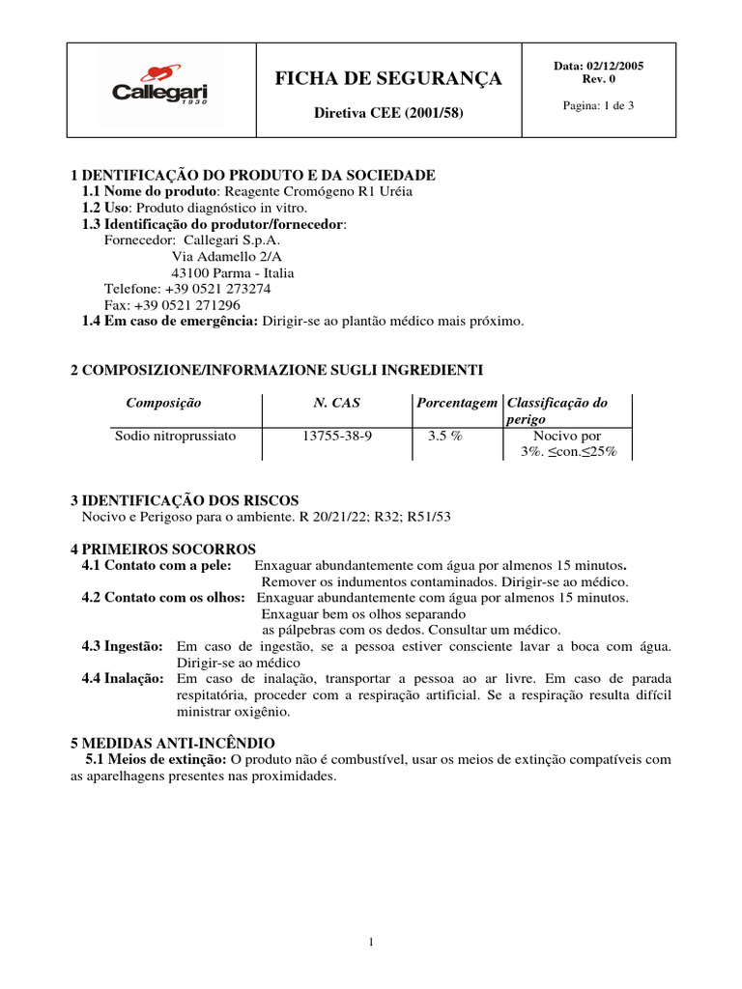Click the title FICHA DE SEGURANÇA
click(388, 78)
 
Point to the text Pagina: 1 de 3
click(598, 105)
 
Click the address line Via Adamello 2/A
click(226, 257)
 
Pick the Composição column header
click(164, 403)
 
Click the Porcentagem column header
click(457, 403)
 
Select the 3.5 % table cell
click(445, 436)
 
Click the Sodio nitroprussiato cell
click(175, 436)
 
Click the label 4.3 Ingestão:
click(122, 646)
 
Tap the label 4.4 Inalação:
click(123, 679)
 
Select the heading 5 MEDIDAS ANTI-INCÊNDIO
click(173, 744)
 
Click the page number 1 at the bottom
click(371, 943)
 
